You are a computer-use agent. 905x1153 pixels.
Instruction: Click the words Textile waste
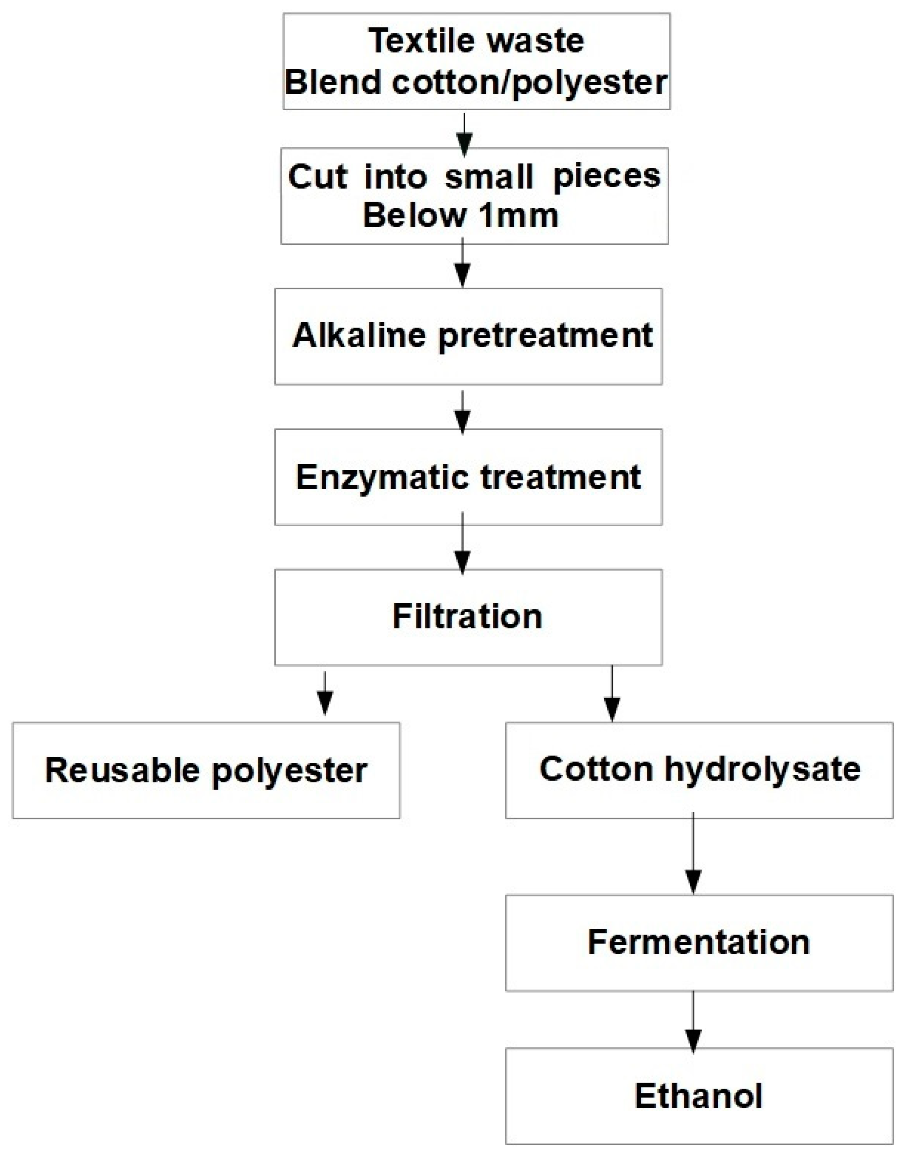point(476,41)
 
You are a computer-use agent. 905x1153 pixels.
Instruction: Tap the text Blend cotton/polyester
point(476,83)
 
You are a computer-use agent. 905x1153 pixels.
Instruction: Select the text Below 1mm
point(460,216)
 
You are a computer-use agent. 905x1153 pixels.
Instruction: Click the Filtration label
point(467,617)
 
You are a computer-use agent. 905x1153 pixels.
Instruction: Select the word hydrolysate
point(763,769)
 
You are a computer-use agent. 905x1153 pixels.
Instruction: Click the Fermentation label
point(698,943)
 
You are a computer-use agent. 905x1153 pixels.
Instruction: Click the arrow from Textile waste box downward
point(465,135)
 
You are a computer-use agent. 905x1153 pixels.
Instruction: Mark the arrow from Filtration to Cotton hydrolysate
point(613,694)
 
